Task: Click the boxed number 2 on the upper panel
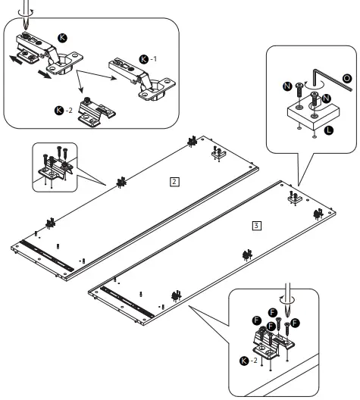tap(175, 182)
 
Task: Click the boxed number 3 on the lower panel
tap(258, 225)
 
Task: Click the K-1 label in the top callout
tap(147, 58)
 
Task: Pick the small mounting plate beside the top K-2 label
tap(96, 113)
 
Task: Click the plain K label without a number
tap(62, 36)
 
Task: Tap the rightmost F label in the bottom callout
tap(296, 323)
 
